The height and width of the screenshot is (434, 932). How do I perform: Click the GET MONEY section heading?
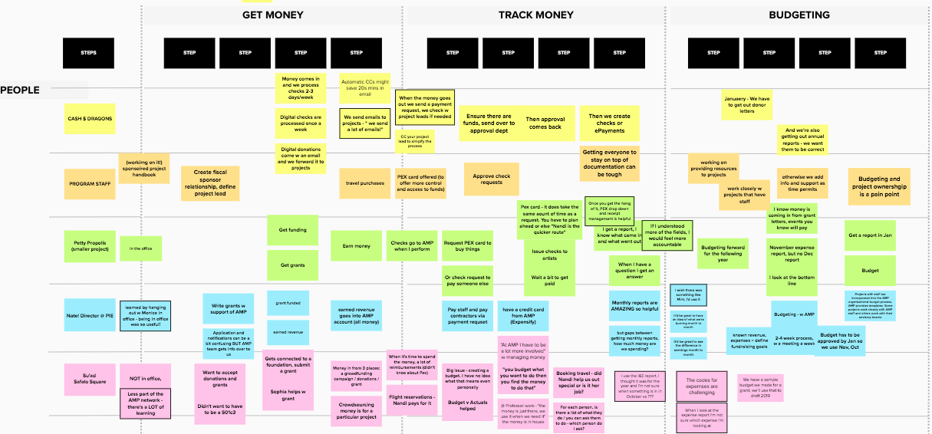272,15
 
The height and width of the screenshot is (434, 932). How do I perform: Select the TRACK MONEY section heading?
535,15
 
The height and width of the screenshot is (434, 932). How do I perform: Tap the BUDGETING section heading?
799,15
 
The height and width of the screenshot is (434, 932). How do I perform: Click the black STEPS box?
89,52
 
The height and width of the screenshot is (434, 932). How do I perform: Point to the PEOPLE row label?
20,90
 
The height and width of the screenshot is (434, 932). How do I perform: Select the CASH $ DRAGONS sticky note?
90,119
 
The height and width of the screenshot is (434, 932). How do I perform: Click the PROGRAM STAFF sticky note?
90,184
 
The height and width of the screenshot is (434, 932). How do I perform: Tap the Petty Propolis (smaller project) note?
90,246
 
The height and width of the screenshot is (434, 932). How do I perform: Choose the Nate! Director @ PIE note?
90,314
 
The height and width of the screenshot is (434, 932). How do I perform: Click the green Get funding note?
293,229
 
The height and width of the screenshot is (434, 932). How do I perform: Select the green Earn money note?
356,246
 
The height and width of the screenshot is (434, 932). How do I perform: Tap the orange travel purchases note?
364,183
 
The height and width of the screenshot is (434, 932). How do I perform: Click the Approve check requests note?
491,179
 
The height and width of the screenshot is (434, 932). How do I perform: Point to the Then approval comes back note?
544,123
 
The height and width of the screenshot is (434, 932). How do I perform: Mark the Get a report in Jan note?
870,235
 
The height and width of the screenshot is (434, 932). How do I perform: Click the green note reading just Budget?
870,271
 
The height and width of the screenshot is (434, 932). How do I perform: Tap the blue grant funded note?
288,303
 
